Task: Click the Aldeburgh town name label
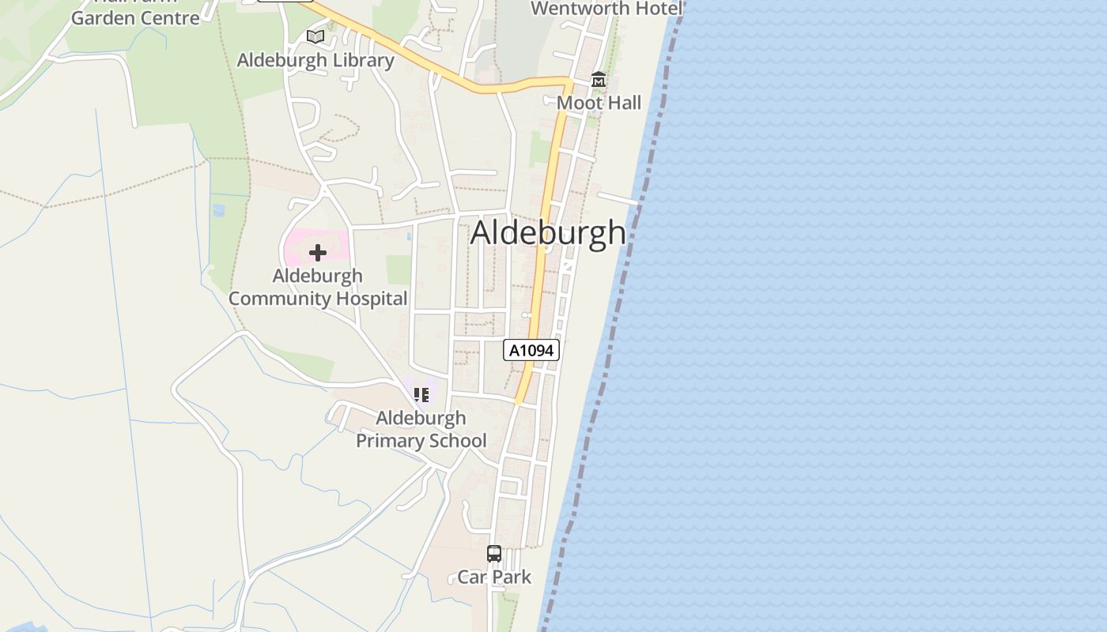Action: (x=548, y=232)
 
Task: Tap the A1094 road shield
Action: (x=531, y=350)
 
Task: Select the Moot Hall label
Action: (x=599, y=103)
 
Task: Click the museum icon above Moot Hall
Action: (x=599, y=81)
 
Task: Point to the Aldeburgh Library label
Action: (x=315, y=60)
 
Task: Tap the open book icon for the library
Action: (x=315, y=36)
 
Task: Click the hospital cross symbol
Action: (x=318, y=253)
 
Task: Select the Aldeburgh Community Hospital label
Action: (x=318, y=287)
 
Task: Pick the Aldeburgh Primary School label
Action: (x=421, y=429)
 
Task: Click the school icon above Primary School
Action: (x=421, y=394)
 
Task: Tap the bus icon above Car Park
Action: (x=494, y=554)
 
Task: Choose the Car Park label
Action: (x=494, y=577)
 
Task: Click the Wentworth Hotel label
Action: (x=606, y=9)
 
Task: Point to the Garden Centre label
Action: (x=135, y=17)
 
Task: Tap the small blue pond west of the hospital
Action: (x=218, y=210)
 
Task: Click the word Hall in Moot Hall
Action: (x=622, y=103)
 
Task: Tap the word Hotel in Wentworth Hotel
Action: (x=655, y=9)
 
